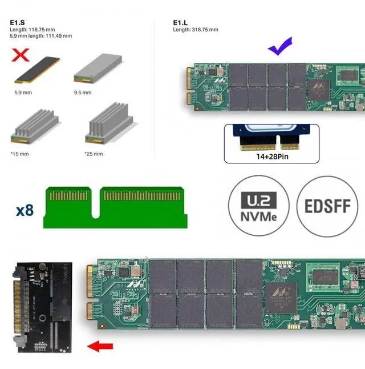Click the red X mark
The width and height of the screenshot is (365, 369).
coord(21,55)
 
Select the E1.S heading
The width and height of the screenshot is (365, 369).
coord(17,23)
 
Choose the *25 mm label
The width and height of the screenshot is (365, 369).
coord(94,154)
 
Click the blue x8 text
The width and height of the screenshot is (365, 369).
coord(25,210)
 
